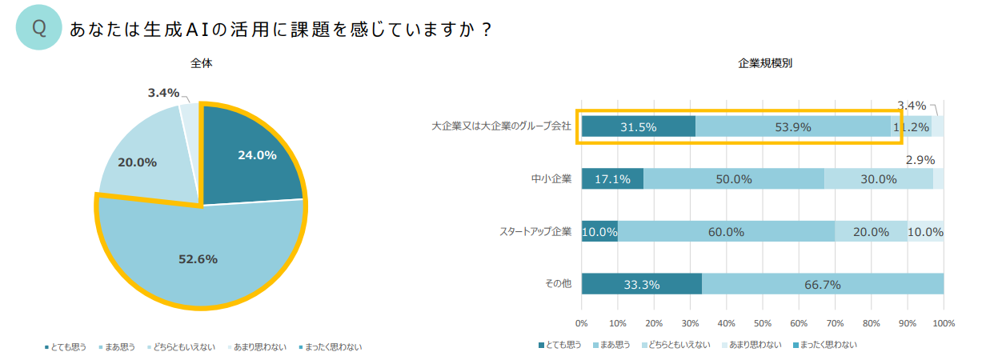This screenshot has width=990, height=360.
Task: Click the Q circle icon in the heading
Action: pyautogui.click(x=38, y=29)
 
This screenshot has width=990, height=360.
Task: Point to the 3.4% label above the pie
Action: pyautogui.click(x=163, y=93)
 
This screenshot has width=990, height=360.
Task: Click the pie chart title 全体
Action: pyautogui.click(x=201, y=63)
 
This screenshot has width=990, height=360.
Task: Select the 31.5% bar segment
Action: pyautogui.click(x=638, y=126)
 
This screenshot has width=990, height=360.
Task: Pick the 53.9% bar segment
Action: pyautogui.click(x=792, y=126)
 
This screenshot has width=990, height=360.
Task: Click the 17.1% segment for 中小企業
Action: pyautogui.click(x=612, y=178)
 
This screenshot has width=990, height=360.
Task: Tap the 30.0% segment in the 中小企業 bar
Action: pyautogui.click(x=878, y=178)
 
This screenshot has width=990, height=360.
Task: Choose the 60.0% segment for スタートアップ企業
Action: pyautogui.click(x=726, y=231)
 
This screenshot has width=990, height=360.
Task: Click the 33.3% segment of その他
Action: pyautogui.click(x=641, y=283)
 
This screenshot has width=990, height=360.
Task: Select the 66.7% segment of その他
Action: pyautogui.click(x=823, y=283)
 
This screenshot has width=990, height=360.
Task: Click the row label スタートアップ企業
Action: pyautogui.click(x=535, y=232)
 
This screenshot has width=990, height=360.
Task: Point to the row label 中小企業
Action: pyautogui.click(x=551, y=178)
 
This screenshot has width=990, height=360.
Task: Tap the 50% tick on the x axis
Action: pyautogui.click(x=763, y=323)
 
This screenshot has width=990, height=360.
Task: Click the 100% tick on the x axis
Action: pyautogui.click(x=944, y=323)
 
